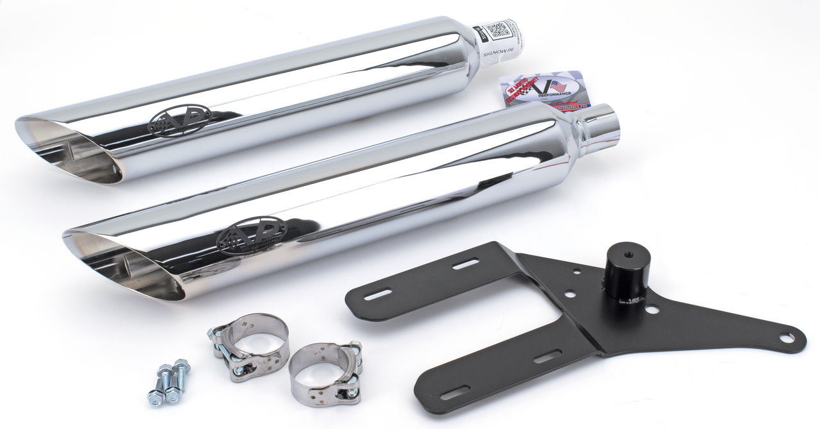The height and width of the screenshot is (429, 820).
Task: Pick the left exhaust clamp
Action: (249, 344)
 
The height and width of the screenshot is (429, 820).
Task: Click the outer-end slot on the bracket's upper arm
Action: (379, 294)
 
